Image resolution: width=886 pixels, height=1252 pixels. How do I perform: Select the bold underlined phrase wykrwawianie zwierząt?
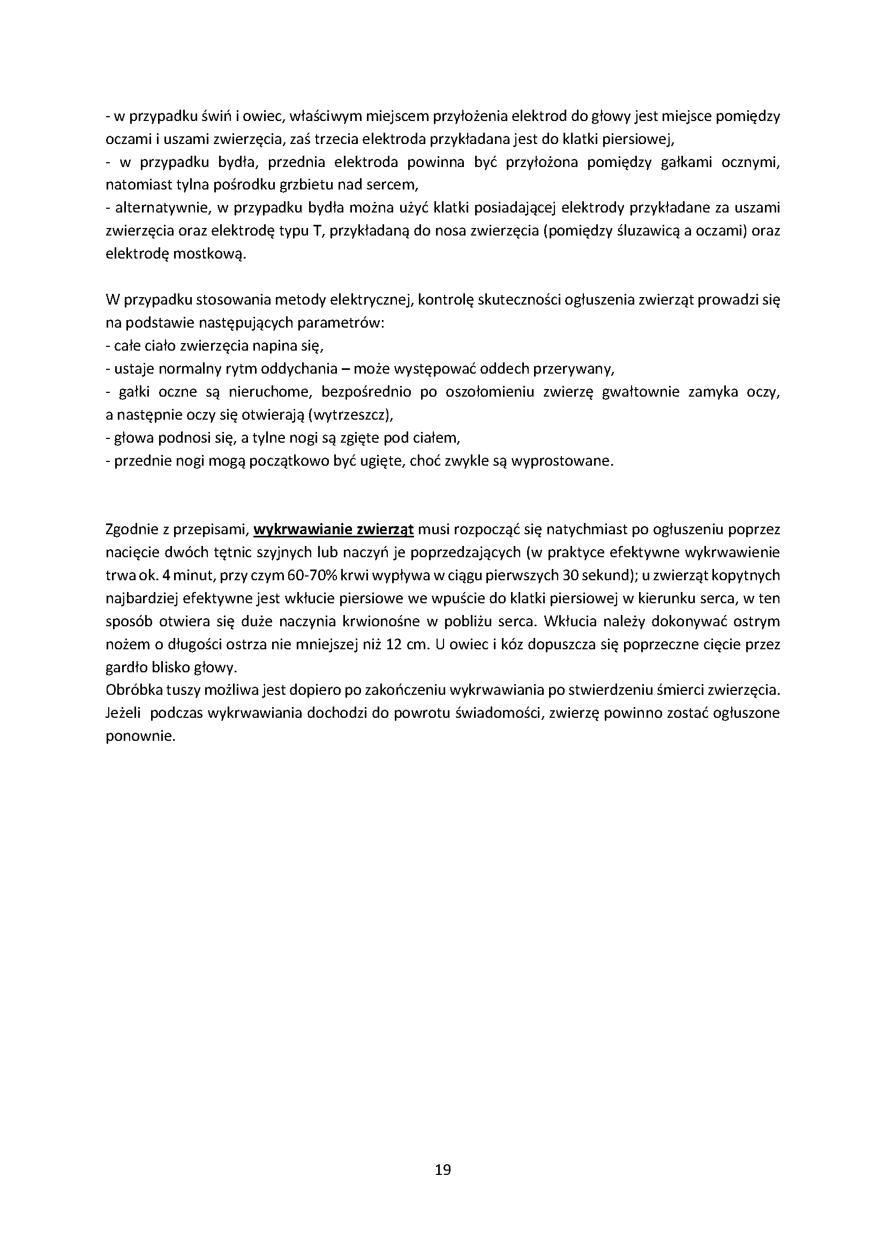click(334, 529)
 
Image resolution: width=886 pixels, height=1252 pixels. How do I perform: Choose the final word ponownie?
click(140, 737)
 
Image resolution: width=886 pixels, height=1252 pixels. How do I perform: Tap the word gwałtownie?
click(640, 392)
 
